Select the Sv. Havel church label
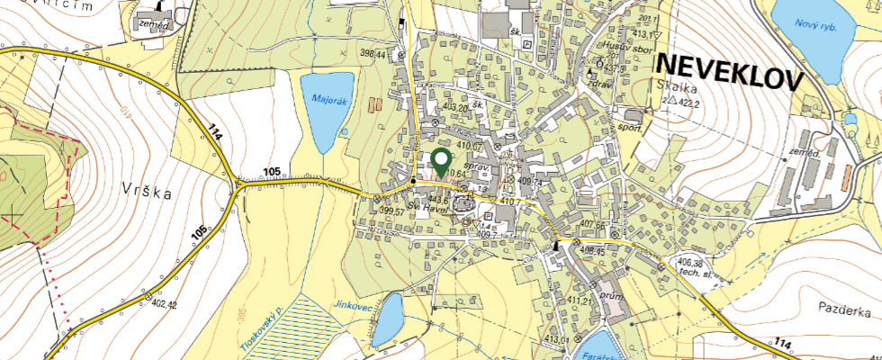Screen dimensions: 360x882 pos(428,208)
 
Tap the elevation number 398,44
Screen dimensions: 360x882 pos(373,55)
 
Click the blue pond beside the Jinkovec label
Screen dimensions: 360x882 pos(388,319)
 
